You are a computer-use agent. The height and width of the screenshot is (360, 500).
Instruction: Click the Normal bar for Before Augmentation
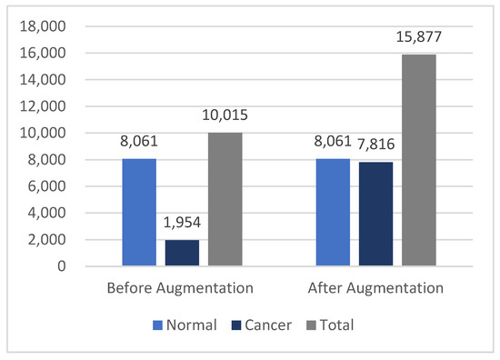coord(141,213)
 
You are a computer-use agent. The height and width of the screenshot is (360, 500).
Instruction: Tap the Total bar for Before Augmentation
coord(225,200)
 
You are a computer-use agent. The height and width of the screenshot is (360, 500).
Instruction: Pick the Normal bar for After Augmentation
coord(333,213)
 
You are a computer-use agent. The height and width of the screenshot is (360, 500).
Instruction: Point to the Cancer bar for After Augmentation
coord(375,215)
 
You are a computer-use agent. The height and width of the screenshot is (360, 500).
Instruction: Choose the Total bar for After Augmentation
coord(418,161)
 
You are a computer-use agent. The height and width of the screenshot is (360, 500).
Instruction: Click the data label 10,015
coord(225,115)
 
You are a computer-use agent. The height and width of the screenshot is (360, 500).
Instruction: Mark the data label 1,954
coord(183,223)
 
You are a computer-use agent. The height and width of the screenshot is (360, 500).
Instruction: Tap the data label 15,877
coord(418,37)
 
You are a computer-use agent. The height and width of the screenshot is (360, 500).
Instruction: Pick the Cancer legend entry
coord(256,324)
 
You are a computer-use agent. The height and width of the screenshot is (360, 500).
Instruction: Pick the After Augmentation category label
coord(375,289)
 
